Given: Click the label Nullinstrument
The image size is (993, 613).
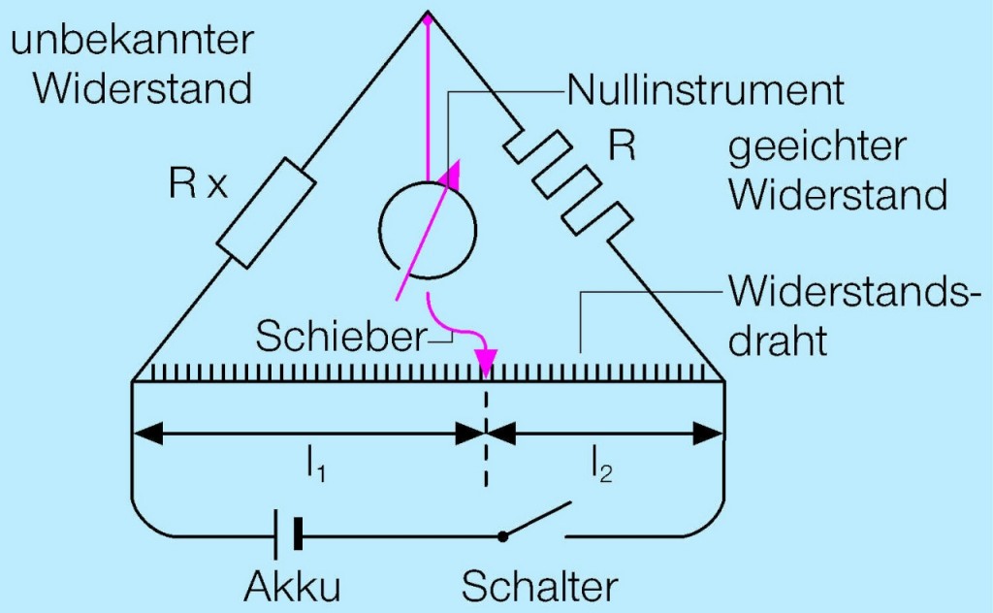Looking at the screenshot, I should point(705,91).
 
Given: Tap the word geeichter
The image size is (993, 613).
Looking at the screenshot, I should point(817,148).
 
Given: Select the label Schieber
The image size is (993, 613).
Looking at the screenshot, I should point(340,337).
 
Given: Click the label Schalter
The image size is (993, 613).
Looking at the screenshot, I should point(539,586).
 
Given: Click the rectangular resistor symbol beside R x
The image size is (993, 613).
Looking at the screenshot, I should point(265,215).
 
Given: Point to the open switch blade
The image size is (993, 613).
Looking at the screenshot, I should point(535,520).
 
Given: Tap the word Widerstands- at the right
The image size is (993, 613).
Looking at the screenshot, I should point(849,292).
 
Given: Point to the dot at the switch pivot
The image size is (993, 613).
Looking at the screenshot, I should point(501,535).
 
